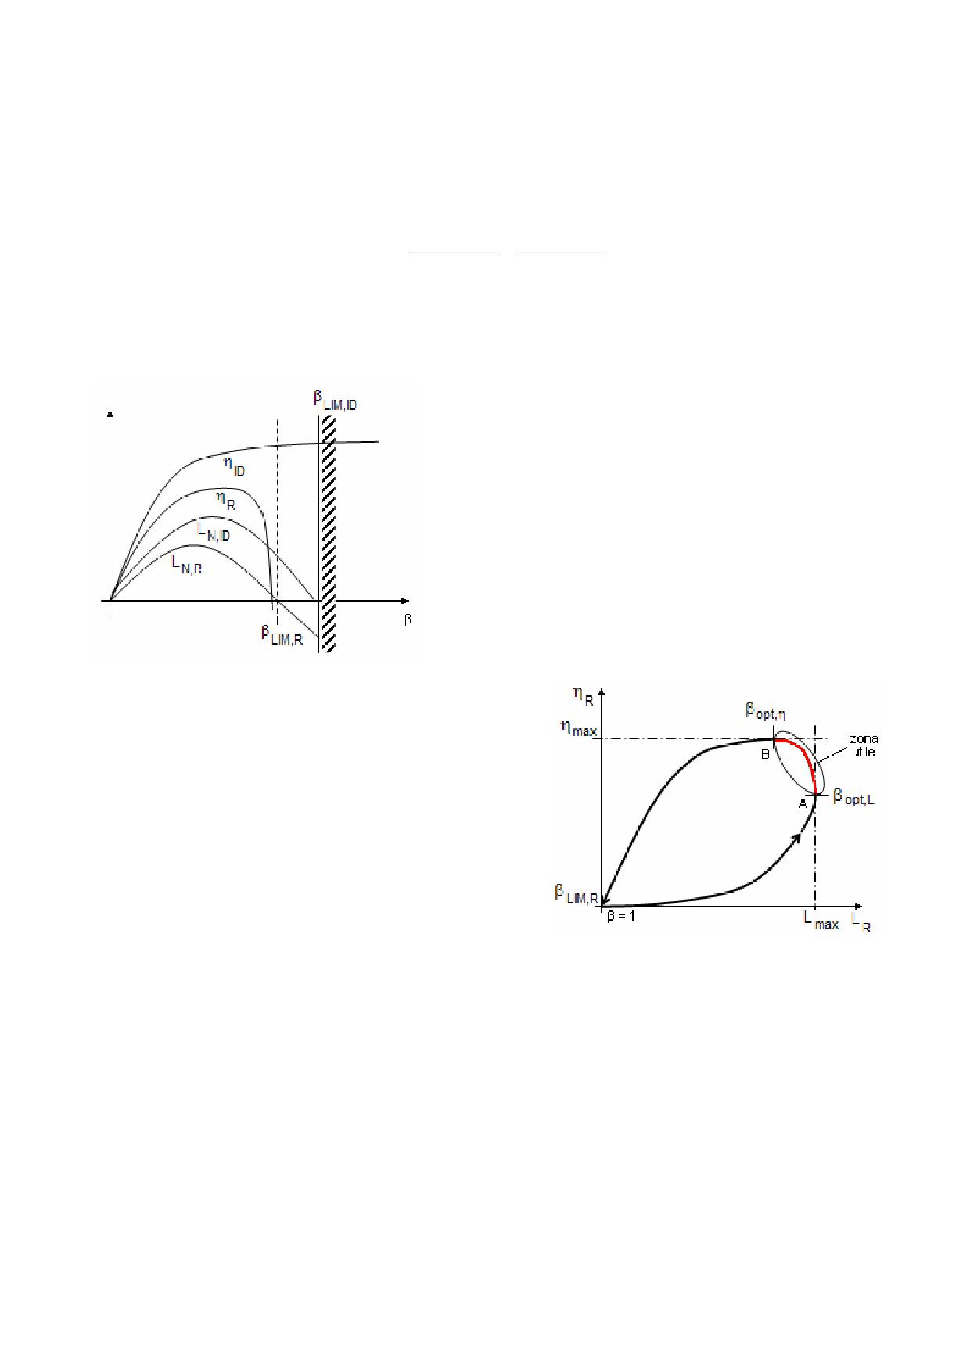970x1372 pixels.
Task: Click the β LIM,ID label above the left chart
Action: click(x=336, y=400)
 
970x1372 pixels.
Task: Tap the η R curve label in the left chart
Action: click(x=226, y=500)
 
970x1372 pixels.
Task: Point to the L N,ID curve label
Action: click(x=214, y=533)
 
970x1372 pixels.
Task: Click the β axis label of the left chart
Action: click(x=408, y=620)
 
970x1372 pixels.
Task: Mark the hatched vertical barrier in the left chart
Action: click(x=328, y=532)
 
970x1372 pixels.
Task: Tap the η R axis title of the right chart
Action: click(x=584, y=695)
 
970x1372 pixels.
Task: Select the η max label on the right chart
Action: click(x=578, y=731)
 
